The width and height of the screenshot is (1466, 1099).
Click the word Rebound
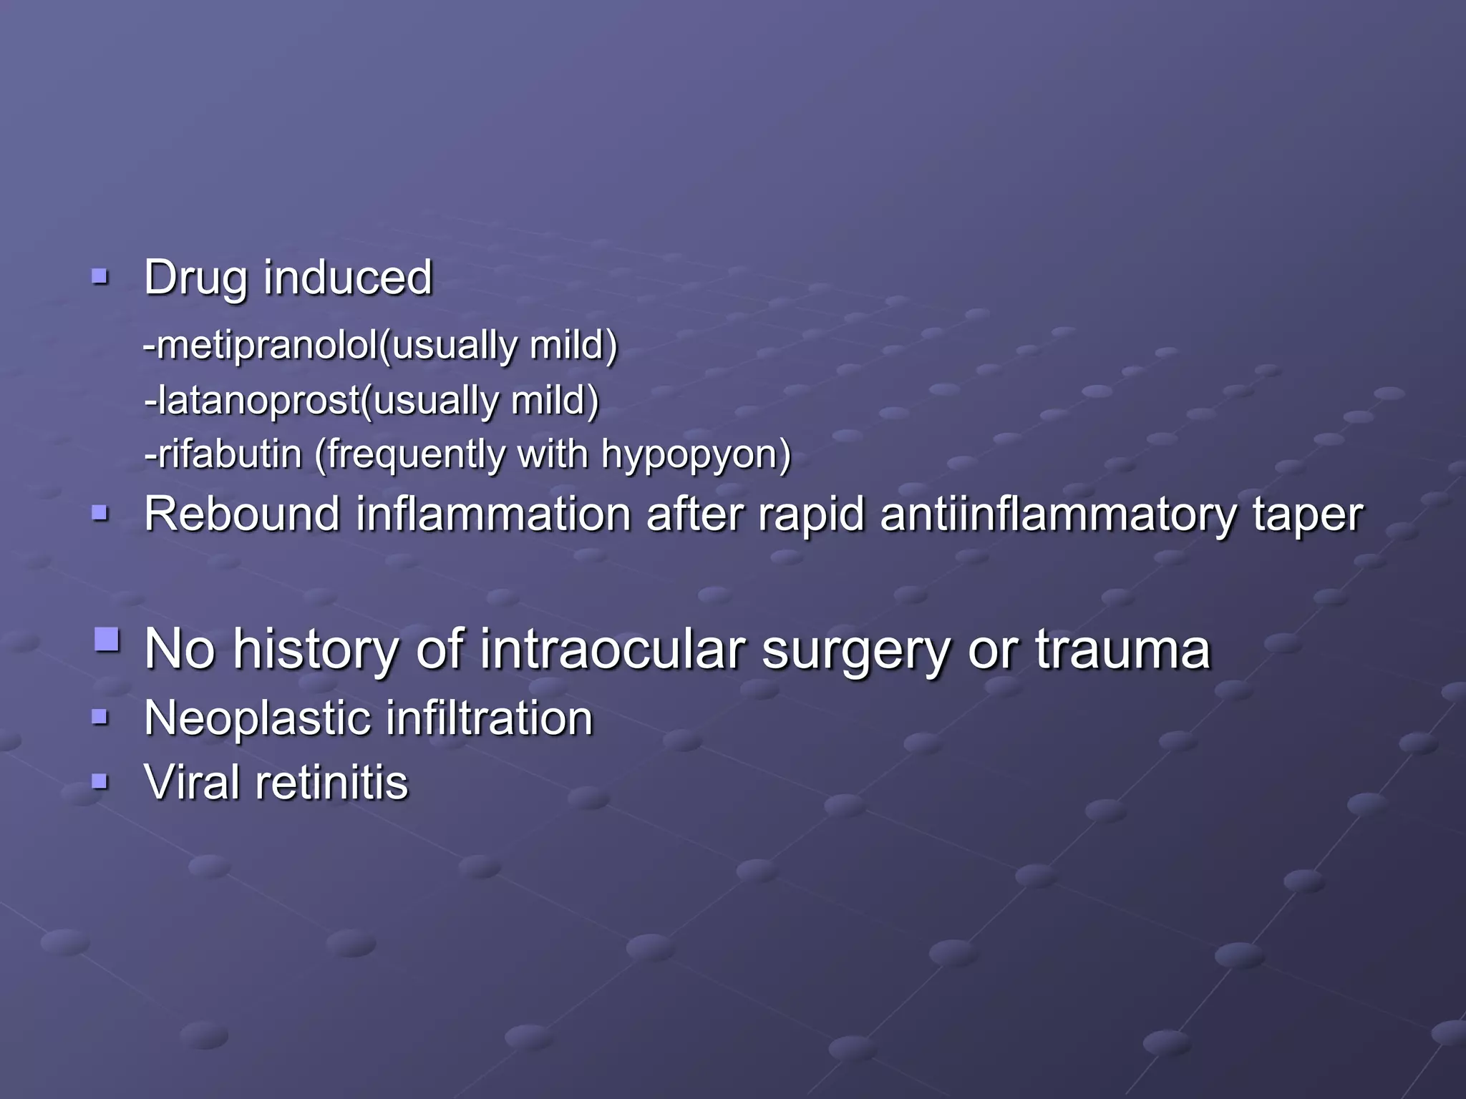[242, 514]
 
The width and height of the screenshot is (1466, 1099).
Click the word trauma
[1122, 649]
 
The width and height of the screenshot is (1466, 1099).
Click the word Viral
[191, 781]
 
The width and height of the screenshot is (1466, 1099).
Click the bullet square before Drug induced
[100, 276]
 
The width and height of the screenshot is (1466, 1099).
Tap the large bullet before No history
[107, 638]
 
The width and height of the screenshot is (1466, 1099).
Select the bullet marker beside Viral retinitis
[100, 781]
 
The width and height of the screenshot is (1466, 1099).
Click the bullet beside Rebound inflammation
[100, 513]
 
